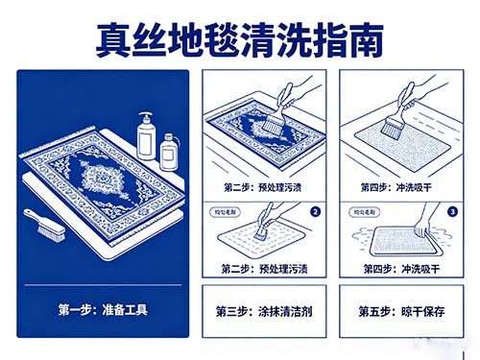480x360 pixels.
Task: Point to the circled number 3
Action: (x=450, y=209)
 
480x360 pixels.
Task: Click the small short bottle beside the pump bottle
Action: (x=169, y=153)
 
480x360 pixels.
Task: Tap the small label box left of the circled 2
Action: (x=227, y=208)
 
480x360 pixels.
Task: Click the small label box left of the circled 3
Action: (x=366, y=208)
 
